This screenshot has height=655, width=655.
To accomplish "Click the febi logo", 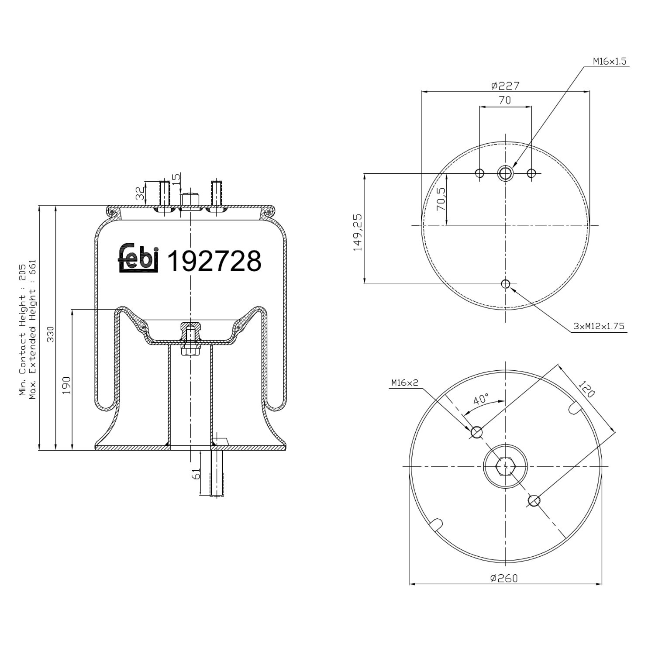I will [x=138, y=259].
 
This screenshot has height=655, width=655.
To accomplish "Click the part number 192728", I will [x=214, y=261].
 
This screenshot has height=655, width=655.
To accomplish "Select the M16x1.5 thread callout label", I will [x=609, y=62].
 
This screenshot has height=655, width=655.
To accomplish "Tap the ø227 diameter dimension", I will [x=505, y=86].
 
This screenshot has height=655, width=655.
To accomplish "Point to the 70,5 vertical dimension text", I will [x=441, y=199].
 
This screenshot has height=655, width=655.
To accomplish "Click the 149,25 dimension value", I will [x=358, y=232].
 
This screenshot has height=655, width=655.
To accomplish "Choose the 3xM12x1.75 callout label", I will [x=599, y=326].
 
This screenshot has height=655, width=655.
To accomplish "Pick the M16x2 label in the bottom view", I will [x=404, y=383].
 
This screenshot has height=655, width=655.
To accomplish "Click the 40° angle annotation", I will [x=481, y=399].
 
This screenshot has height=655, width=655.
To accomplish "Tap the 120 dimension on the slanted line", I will [x=587, y=389].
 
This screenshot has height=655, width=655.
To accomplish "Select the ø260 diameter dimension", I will [x=504, y=578].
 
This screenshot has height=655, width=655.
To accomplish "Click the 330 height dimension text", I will [x=51, y=334].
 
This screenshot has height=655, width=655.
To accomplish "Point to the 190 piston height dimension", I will [x=66, y=385].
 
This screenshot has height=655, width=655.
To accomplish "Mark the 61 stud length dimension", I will [x=196, y=473].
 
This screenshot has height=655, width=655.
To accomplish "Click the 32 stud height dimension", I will [x=140, y=193].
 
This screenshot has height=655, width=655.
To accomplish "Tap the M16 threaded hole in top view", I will [x=505, y=173].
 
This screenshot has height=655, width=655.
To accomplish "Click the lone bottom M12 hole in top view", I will [x=505, y=284].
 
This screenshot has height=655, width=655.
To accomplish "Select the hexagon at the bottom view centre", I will [x=505, y=466].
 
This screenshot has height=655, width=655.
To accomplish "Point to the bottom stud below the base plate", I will [x=217, y=473].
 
